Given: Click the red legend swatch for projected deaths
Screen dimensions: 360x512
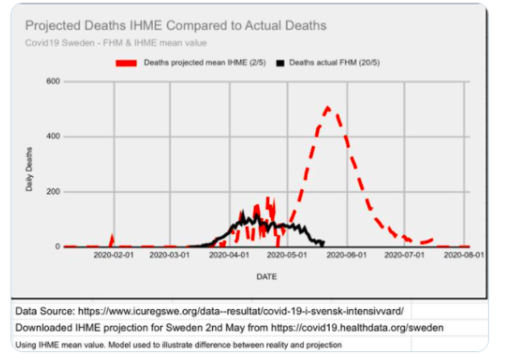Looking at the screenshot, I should (127, 63).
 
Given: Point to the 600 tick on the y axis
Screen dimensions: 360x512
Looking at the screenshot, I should (53, 81).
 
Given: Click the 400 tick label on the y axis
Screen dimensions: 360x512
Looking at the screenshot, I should (53, 137).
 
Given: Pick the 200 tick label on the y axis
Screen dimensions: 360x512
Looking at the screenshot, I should (53, 192).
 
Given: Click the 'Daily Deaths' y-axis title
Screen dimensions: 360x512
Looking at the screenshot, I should (29, 170).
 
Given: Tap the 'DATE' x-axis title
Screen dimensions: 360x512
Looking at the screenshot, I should (266, 277).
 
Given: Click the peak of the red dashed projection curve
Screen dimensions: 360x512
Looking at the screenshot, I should (328, 108).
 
